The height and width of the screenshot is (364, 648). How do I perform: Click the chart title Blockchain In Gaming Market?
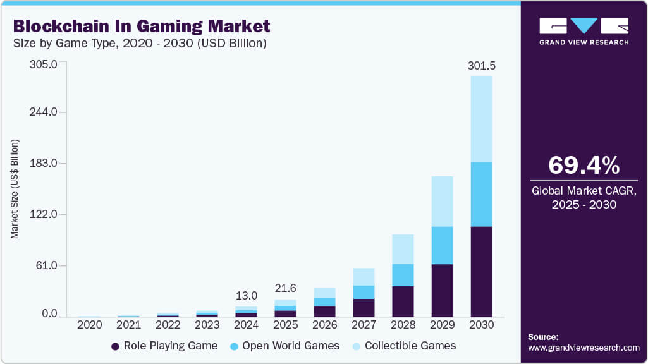tap(142, 26)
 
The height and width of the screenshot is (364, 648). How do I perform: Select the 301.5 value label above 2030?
tap(481, 66)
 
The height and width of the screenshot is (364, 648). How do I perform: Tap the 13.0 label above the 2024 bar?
tap(247, 296)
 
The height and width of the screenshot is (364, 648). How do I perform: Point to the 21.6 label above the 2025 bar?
tap(285, 288)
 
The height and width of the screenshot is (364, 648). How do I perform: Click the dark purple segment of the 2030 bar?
tap(481, 271)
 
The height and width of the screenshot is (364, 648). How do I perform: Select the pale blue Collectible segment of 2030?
tap(481, 118)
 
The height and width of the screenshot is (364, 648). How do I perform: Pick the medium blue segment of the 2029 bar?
tap(442, 245)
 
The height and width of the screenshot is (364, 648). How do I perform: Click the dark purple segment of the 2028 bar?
tap(403, 301)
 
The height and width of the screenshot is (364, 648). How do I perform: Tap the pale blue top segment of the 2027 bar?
tap(364, 277)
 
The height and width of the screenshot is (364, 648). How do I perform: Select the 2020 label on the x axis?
tap(89, 324)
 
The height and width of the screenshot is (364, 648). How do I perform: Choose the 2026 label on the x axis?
tap(324, 324)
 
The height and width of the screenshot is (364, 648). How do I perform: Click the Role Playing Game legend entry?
tap(164, 346)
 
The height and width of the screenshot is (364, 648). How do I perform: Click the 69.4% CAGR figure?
tap(584, 165)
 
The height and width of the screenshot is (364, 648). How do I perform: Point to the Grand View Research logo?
tap(584, 31)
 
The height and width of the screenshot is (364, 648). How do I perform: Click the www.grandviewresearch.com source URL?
tap(584, 348)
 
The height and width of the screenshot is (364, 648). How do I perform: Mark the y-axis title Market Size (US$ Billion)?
tap(14, 189)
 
